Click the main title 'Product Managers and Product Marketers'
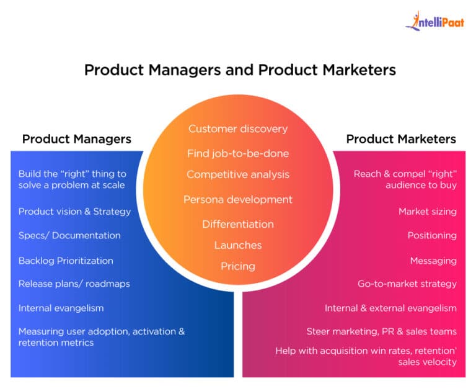tap(240, 70)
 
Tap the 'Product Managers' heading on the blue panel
tap(77, 139)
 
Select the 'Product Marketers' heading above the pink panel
tap(401, 139)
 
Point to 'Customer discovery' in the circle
tap(238, 129)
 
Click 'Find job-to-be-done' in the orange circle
tap(238, 153)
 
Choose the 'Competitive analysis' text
tap(238, 174)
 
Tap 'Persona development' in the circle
tap(238, 200)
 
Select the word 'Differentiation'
tap(238, 224)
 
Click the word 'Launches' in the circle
tap(238, 245)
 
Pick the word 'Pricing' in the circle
tap(238, 266)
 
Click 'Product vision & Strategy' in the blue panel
tap(74, 212)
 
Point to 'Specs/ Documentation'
tap(69, 236)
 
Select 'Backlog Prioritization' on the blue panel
tap(66, 261)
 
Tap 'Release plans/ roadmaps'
tap(74, 284)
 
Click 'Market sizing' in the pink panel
tap(428, 212)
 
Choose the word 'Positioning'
tap(432, 236)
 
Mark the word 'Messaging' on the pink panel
tap(433, 261)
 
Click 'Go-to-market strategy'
tap(407, 284)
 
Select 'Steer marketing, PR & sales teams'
tap(382, 331)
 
